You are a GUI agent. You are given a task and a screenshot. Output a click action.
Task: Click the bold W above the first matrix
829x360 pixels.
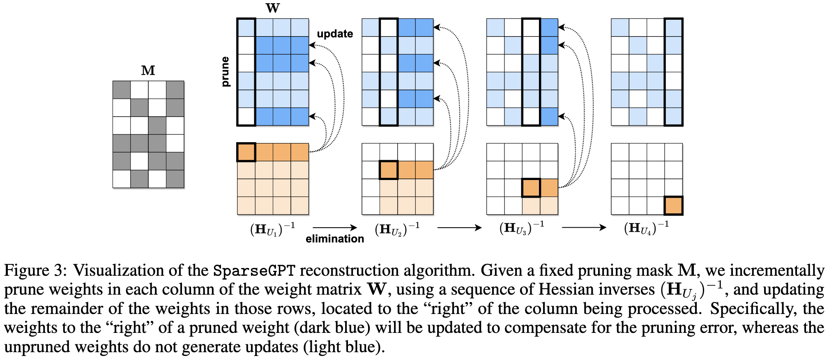pos(273,8)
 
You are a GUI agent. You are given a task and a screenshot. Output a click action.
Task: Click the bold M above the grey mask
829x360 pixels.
pos(148,71)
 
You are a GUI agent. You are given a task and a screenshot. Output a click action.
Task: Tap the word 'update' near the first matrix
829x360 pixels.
pos(335,34)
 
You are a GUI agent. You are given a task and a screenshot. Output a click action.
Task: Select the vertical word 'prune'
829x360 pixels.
pos(225,72)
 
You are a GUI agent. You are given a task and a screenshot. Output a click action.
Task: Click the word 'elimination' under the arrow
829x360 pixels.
pos(335,239)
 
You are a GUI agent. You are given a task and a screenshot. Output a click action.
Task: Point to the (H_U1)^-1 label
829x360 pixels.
pos(272,228)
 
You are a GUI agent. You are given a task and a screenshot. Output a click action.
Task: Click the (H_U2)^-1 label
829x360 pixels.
pos(397,228)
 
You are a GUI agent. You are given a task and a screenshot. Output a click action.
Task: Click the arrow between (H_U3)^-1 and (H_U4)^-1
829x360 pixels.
pos(584,228)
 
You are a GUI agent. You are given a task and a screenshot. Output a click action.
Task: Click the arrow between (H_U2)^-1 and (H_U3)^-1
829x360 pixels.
pos(459,228)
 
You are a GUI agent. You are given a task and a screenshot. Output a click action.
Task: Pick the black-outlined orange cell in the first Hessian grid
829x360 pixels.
pos(246,152)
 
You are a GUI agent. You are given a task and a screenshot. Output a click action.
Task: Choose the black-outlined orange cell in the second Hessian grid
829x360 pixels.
pos(389,170)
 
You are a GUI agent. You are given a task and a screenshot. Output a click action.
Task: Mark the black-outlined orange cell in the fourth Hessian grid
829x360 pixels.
pos(674,206)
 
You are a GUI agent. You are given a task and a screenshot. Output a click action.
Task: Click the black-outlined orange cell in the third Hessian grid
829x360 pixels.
pos(531,188)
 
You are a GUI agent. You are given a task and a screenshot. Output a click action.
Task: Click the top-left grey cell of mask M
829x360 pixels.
pos(122,90)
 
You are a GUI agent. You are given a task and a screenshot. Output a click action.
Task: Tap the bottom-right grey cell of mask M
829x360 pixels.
pos(175,179)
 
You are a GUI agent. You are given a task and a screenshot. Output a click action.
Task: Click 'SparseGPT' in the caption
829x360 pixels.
pos(254,271)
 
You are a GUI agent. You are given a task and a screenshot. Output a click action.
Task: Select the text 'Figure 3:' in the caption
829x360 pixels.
pos(35,271)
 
